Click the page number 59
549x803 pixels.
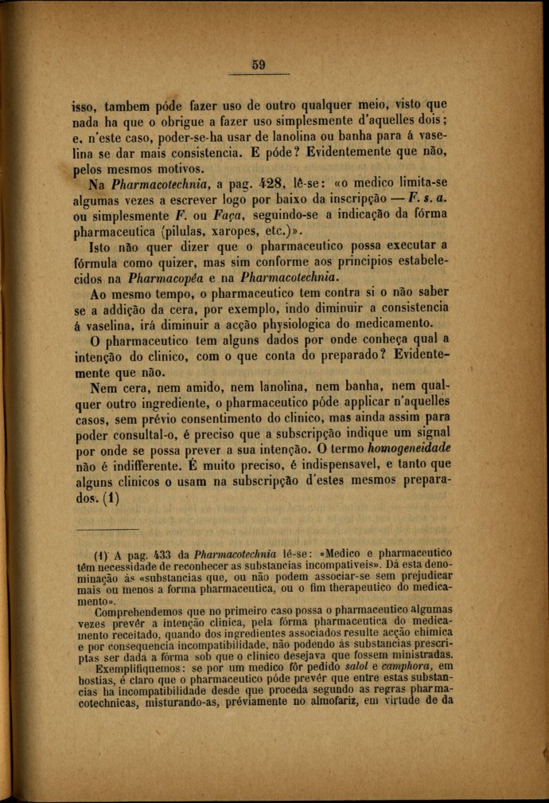click(258, 65)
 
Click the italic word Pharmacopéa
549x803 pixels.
click(163, 278)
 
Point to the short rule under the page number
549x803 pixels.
click(258, 75)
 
